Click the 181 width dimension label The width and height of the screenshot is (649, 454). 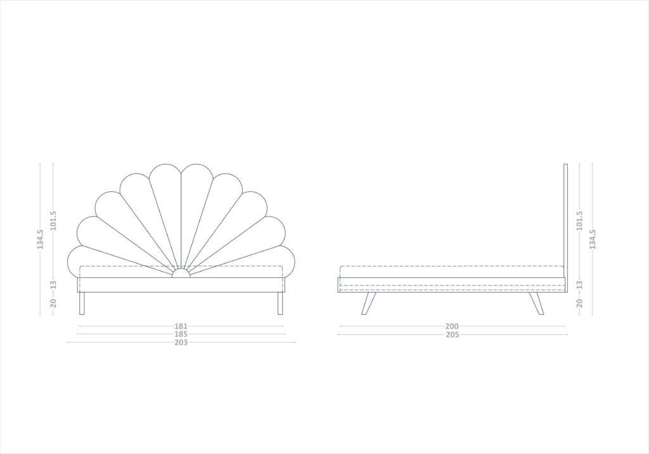click(x=181, y=326)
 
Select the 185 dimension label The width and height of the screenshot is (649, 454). click(x=181, y=334)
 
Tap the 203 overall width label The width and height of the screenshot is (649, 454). click(x=181, y=343)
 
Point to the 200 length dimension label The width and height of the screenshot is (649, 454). click(x=453, y=327)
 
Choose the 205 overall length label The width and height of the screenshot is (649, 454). click(x=453, y=335)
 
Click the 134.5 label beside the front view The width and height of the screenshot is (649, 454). click(x=40, y=239)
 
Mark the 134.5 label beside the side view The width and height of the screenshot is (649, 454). click(x=593, y=239)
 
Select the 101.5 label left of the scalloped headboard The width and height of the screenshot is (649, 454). click(x=53, y=221)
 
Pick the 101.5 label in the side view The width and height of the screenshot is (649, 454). click(x=579, y=221)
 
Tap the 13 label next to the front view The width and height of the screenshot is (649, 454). click(x=53, y=285)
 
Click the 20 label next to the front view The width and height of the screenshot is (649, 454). click(x=53, y=303)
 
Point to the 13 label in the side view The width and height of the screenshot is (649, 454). click(x=579, y=285)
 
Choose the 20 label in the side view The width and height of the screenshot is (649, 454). click(x=579, y=303)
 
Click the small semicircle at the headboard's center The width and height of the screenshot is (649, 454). click(x=181, y=273)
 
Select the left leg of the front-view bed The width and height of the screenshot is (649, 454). click(x=82, y=303)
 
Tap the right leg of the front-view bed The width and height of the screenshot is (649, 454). click(x=280, y=303)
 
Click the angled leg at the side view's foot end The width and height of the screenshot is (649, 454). click(x=368, y=303)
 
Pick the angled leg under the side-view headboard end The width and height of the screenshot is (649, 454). click(x=536, y=303)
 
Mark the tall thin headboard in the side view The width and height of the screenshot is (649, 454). click(x=565, y=228)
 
